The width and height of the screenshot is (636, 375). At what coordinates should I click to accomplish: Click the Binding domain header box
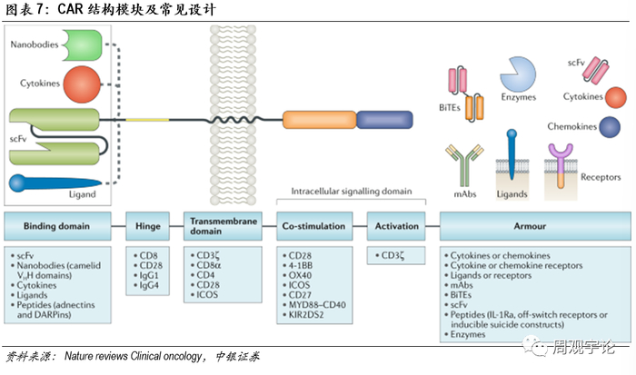pyautogui.click(x=59, y=223)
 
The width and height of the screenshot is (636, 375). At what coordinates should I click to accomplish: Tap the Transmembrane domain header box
pyautogui.click(x=224, y=223)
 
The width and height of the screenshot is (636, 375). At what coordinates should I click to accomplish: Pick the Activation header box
pyautogui.click(x=396, y=223)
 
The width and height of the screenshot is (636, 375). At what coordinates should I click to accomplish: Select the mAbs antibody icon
pyautogui.click(x=463, y=164)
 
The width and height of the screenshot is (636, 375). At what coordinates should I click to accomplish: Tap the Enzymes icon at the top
pyautogui.click(x=518, y=71)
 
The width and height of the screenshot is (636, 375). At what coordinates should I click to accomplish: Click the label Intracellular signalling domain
pyautogui.click(x=351, y=192)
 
